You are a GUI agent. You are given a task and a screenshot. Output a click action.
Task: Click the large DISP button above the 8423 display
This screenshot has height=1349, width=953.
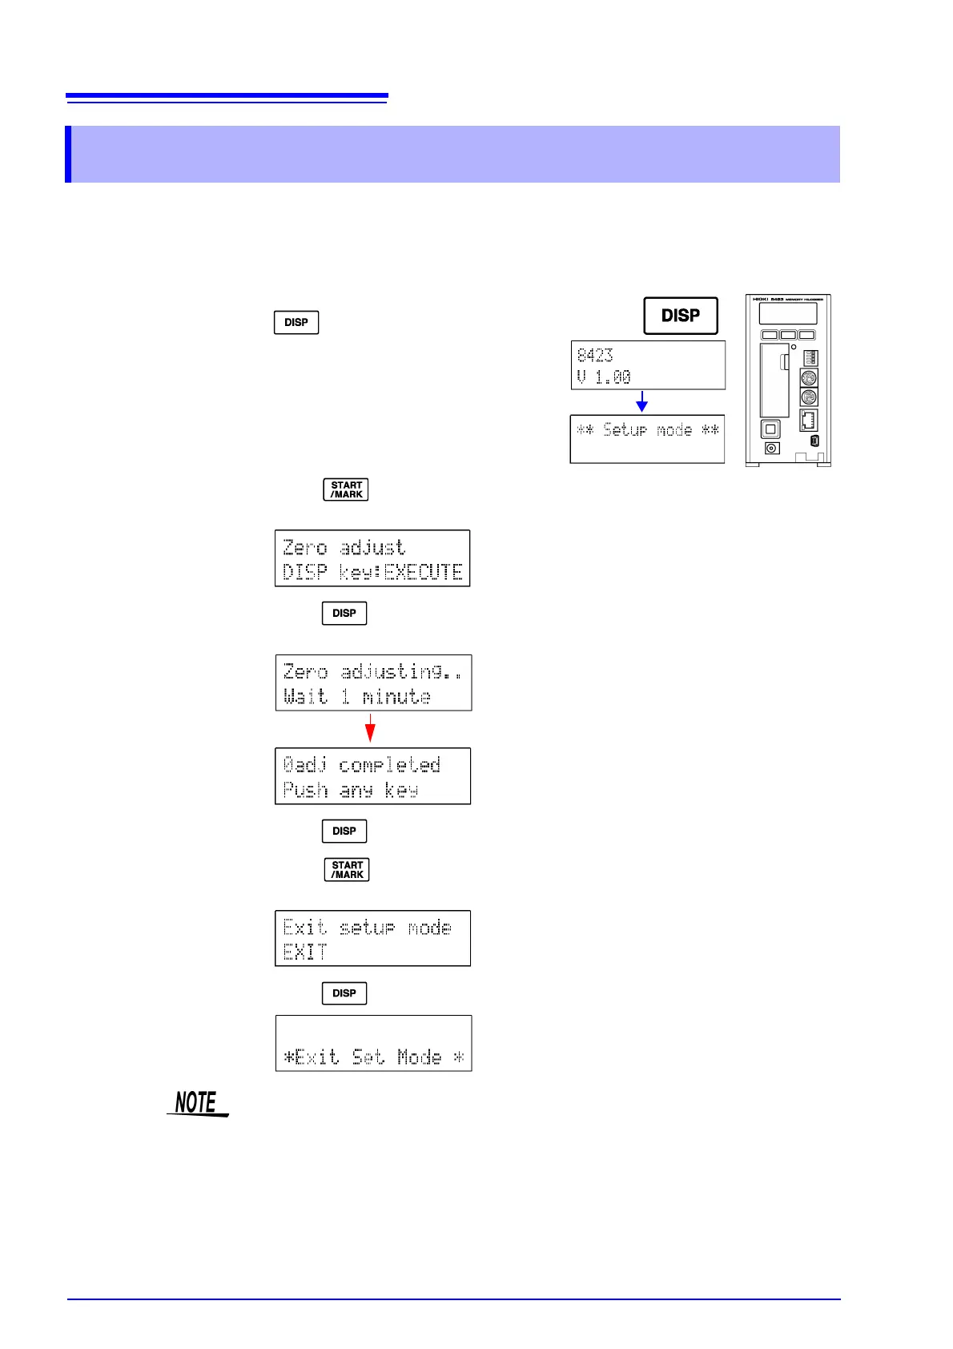[681, 316]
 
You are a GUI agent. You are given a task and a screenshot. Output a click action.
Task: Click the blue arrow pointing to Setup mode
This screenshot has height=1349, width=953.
[641, 401]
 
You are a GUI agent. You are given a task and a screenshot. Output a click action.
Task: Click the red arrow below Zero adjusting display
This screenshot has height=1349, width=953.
[370, 728]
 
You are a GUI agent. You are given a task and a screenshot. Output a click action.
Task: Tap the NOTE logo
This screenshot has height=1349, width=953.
[197, 1103]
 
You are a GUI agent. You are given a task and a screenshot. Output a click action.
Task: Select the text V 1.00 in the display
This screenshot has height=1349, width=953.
[604, 377]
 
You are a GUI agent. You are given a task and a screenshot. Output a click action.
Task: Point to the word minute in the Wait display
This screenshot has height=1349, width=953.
[396, 697]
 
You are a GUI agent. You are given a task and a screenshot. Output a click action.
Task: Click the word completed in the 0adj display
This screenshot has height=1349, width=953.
[389, 765]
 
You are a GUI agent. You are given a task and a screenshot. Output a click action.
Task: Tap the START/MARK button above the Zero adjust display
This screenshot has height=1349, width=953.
[346, 489]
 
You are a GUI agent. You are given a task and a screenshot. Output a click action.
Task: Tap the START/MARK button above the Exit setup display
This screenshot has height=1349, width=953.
[347, 869]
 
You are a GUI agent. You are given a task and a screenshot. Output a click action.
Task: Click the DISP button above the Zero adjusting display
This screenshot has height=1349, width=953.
[344, 613]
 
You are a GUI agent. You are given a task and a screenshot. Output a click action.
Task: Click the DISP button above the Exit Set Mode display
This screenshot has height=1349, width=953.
[344, 993]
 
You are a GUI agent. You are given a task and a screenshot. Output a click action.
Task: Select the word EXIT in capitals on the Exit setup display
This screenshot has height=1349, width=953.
[305, 952]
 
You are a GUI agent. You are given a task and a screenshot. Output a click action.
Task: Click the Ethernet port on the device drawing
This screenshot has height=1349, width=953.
[808, 421]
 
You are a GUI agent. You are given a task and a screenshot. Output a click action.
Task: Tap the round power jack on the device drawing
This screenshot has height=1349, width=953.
[772, 449]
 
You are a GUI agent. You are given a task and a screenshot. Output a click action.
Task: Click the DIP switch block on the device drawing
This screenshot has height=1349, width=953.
[810, 356]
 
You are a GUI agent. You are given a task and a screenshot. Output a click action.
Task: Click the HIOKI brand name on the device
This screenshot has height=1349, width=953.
[760, 299]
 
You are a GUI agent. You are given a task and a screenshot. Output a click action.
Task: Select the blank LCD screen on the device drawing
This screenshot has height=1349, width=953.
[788, 313]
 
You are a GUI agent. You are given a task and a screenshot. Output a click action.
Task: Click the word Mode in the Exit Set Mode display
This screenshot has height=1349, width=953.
[420, 1057]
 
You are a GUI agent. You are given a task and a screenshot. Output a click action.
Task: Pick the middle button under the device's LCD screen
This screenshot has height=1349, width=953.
[788, 335]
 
